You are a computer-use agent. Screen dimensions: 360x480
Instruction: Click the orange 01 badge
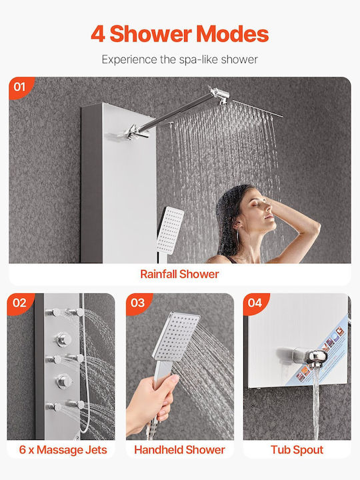20,87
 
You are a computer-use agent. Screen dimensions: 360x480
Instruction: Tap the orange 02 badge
19,303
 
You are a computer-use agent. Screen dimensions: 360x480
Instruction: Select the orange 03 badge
138,303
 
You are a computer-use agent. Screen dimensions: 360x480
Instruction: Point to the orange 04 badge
255,303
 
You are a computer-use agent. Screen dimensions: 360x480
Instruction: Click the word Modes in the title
233,34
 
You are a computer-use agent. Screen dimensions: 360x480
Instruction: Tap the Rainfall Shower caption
180,274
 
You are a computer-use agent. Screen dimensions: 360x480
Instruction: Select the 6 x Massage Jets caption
63,450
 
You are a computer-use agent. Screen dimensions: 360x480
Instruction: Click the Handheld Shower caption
180,450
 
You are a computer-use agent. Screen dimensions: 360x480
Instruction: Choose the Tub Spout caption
297,450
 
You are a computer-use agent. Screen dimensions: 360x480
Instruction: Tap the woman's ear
237,226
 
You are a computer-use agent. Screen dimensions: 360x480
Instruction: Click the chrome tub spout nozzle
317,357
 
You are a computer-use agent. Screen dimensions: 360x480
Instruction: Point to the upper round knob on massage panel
64,339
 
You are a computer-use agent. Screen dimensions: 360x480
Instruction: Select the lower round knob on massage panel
64,381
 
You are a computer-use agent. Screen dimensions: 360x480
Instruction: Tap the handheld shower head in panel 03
176,336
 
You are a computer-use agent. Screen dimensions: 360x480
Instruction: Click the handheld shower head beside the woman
170,231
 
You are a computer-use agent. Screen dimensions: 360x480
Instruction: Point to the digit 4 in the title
98,34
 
